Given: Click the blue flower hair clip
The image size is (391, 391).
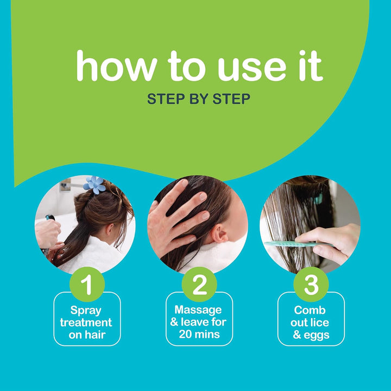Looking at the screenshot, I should (94, 185).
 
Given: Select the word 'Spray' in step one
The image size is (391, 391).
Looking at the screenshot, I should (87, 310).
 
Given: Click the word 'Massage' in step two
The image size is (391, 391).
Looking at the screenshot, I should (199, 310).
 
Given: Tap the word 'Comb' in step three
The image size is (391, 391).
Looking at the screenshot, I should (311, 310).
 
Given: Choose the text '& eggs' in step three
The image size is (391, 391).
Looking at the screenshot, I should (311, 335).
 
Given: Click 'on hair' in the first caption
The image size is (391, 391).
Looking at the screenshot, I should (87, 335).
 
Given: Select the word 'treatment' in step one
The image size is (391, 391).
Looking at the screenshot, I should (87, 323).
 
